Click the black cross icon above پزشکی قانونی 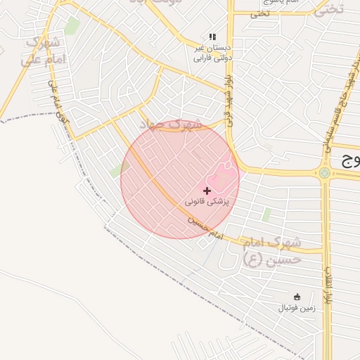click(x=207, y=191)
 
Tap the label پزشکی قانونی click(x=207, y=202)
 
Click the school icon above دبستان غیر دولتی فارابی click(x=212, y=37)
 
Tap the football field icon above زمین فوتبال click(x=297, y=297)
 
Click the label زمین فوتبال click(x=296, y=308)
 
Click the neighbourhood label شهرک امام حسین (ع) click(x=272, y=250)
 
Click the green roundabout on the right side click(x=324, y=172)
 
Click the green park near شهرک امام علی click(x=72, y=26)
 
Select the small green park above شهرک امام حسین click(x=266, y=214)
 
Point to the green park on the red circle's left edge click(x=117, y=171)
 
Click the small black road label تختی click(x=261, y=13)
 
